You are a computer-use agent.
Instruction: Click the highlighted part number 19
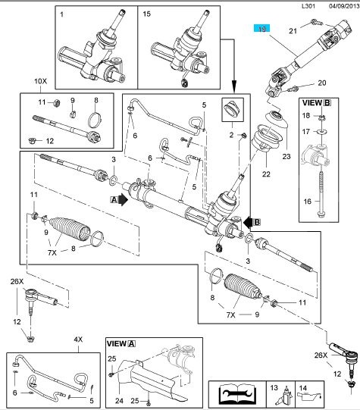(262, 28)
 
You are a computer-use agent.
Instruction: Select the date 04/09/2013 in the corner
(344, 6)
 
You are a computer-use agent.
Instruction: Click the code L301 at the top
(308, 6)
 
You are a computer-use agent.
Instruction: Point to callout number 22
(266, 174)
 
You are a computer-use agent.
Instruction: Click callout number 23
(286, 156)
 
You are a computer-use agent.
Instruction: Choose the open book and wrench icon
(237, 393)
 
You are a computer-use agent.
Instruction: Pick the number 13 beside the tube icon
(274, 387)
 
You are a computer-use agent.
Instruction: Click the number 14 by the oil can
(302, 388)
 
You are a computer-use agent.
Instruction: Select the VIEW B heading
(317, 103)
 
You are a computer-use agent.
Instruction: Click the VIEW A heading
(121, 343)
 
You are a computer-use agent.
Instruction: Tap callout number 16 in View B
(308, 202)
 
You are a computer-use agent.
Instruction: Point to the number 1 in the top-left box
(61, 14)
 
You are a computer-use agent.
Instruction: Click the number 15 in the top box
(147, 14)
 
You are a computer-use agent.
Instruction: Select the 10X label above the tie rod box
(40, 81)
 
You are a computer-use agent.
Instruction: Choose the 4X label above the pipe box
(78, 340)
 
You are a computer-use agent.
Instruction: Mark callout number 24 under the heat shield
(119, 400)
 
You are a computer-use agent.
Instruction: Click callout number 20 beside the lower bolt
(322, 83)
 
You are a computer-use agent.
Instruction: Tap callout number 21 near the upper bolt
(293, 31)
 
